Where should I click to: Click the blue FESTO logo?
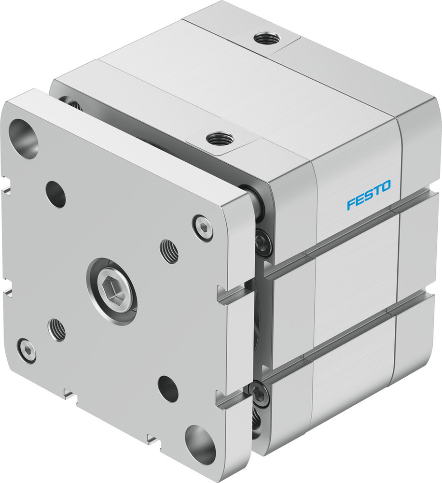(369, 195)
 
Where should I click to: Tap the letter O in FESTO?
(386, 186)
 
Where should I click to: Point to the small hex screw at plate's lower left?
(27, 350)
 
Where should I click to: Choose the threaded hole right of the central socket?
(169, 251)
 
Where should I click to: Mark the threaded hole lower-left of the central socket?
(57, 330)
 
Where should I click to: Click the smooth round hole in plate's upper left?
(56, 194)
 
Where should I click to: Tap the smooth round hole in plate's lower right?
(168, 389)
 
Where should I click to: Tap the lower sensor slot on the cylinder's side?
(352, 333)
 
